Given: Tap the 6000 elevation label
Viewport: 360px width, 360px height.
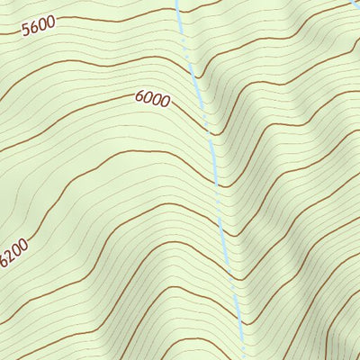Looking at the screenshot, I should (153, 99).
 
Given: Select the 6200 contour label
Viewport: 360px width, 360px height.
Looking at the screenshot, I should (15, 254).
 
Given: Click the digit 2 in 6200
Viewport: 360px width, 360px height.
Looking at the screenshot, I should (13, 257).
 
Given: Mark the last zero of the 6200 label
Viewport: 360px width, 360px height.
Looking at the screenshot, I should (25, 243).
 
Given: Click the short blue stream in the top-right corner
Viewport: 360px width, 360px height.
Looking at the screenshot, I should (355, 4).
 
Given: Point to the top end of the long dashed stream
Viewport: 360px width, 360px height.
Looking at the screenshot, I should (176, 2).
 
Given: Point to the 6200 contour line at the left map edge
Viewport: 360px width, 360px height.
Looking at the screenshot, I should (1, 270).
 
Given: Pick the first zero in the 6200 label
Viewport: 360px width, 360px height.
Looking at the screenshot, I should (19, 250).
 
